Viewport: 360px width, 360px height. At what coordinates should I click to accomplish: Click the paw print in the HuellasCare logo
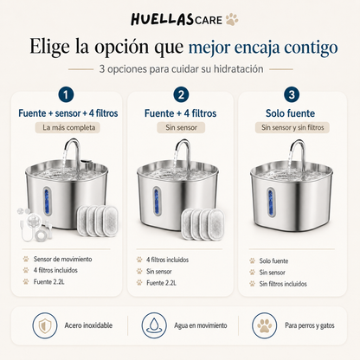(x=232, y=19)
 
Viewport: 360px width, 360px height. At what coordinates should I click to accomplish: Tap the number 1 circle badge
(x=66, y=94)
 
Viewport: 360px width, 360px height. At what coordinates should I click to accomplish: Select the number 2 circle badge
(x=181, y=94)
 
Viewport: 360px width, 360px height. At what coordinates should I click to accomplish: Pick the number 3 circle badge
(x=292, y=94)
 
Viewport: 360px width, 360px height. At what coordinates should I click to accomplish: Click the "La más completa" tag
(x=67, y=127)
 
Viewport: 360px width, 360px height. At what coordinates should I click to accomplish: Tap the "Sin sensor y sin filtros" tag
(x=292, y=127)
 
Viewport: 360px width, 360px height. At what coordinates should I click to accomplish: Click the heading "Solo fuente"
(x=290, y=113)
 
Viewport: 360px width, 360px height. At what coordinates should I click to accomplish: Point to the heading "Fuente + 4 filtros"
(x=180, y=113)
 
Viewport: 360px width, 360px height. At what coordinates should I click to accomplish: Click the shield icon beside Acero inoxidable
(x=45, y=325)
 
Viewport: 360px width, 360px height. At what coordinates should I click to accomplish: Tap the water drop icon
(x=154, y=325)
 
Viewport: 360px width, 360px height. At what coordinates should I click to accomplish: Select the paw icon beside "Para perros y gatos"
(x=264, y=325)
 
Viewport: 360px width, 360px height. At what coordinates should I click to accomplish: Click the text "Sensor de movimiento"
(x=62, y=259)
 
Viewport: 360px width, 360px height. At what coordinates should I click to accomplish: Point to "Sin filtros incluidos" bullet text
(x=283, y=284)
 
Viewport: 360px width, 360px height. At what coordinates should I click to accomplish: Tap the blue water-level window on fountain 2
(x=157, y=201)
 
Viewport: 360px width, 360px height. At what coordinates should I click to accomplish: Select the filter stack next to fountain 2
(x=202, y=223)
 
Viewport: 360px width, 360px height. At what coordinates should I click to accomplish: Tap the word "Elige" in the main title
(x=49, y=47)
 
